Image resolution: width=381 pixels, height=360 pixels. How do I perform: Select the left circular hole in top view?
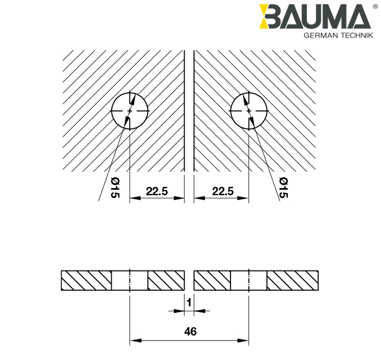(x=130, y=111)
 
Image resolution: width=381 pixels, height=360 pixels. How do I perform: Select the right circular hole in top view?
(x=248, y=111)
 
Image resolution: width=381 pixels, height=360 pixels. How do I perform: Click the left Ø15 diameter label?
(x=115, y=188)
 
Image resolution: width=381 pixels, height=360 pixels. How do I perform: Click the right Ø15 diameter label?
(x=283, y=188)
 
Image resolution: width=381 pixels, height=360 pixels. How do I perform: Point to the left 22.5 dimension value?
(x=156, y=191)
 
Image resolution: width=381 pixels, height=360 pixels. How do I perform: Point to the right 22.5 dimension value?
(x=222, y=191)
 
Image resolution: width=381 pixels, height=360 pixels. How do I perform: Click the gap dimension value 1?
(x=189, y=303)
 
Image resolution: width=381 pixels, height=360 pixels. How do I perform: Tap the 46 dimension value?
(x=190, y=331)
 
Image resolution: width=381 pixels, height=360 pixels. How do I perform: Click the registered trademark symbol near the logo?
(x=374, y=7)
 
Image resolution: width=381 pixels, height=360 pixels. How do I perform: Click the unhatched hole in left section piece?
(x=130, y=280)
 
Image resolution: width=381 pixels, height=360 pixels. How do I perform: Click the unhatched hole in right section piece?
(x=248, y=280)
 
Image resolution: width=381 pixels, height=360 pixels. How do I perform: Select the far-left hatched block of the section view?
(x=86, y=280)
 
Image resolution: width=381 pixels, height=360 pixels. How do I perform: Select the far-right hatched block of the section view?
(x=293, y=280)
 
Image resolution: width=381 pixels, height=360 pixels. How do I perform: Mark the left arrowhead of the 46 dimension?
(x=134, y=341)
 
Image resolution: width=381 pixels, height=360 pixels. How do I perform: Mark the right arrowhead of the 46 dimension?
(x=245, y=341)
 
